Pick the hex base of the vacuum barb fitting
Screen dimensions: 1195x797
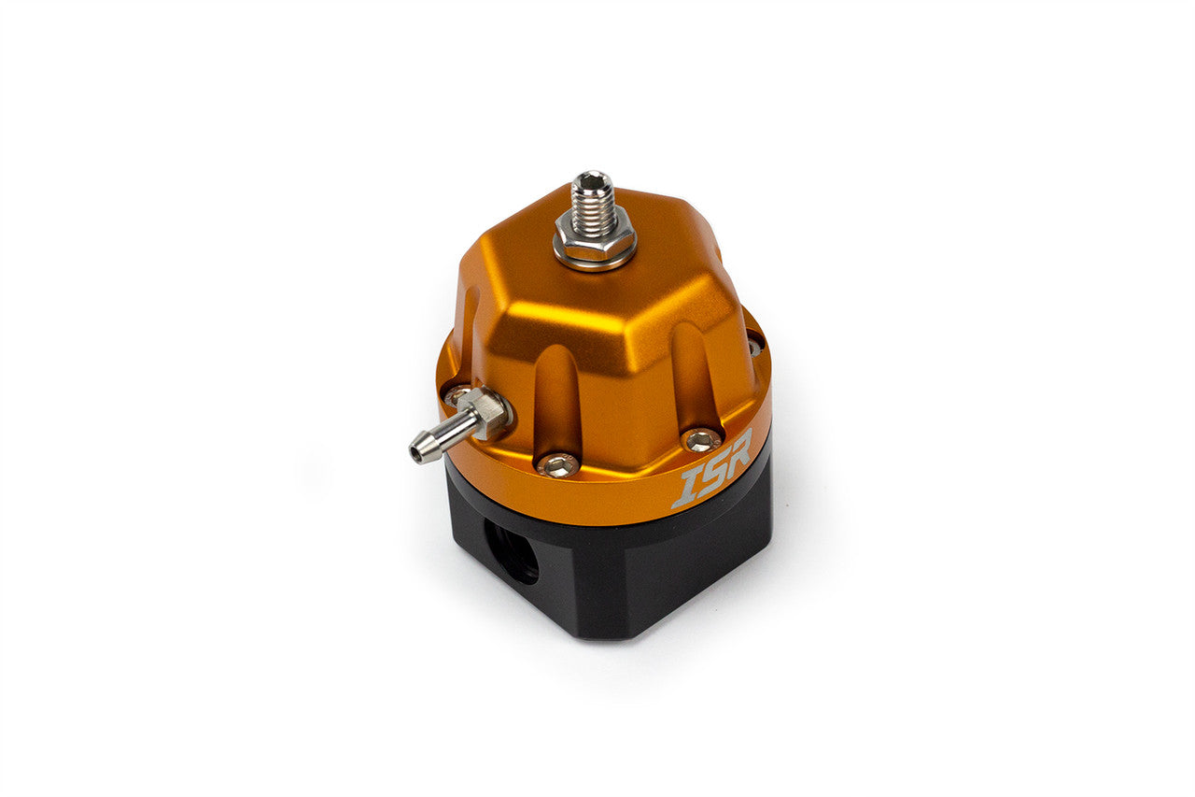(483, 414)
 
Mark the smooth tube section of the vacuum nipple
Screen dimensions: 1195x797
(442, 435)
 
